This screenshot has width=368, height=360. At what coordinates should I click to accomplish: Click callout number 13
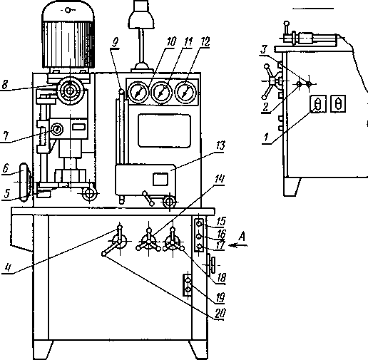coord(220,145)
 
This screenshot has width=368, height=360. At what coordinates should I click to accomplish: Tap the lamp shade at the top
coord(141,19)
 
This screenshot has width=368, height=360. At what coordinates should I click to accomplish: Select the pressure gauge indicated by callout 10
coord(138,93)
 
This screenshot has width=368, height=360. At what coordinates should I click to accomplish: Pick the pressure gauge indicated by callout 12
coord(186,93)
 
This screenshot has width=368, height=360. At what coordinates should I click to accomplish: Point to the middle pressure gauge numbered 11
coord(162,93)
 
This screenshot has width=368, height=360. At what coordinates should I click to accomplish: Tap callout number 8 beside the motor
coord(4,85)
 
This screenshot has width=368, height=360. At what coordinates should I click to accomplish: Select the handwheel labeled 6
coord(24,182)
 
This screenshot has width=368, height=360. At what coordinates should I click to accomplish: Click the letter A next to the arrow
coord(242,237)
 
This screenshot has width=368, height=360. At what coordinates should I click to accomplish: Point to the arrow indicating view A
coord(237,245)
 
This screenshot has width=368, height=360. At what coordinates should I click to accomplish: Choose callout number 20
coord(220,314)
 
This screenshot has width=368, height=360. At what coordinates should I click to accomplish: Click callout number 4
coord(8,268)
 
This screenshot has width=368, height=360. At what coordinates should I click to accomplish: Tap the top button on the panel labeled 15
coord(199,223)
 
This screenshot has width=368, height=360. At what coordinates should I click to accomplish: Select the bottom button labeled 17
coord(199,247)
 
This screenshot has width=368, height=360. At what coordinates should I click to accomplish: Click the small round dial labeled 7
coord(57,130)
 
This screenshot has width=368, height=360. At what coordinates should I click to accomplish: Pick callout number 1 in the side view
coord(266,138)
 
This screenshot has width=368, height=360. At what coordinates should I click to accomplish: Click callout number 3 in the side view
coord(264,50)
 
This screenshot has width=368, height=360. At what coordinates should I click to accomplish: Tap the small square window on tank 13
coord(160,180)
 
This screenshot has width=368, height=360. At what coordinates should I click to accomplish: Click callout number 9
coord(116,43)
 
